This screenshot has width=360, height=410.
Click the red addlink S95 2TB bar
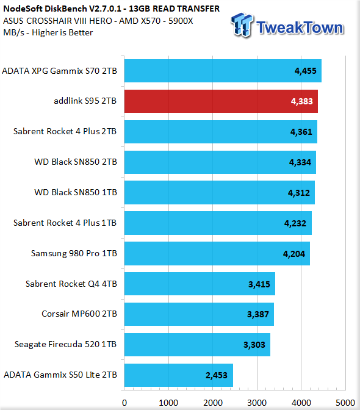pyautogui.click(x=221, y=101)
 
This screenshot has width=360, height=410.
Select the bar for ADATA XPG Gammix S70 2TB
pyautogui.click(x=223, y=71)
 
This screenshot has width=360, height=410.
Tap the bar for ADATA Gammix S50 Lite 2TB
pyautogui.click(x=179, y=375)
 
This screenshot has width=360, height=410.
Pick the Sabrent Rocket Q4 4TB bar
pyautogui.click(x=200, y=284)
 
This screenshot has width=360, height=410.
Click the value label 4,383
pyautogui.click(x=301, y=101)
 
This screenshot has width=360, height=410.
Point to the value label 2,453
pyautogui.click(x=217, y=375)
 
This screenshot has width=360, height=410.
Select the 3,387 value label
pyautogui.click(x=258, y=314)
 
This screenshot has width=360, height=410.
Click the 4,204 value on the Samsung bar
pyautogui.click(x=294, y=254)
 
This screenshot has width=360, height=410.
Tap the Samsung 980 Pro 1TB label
pyautogui.click(x=74, y=253)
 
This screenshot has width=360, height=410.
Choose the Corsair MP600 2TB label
pyautogui.click(x=79, y=314)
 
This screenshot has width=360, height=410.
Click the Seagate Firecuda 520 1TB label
pyautogui.click(x=66, y=344)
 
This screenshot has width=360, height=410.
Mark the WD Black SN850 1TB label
pyautogui.click(x=76, y=192)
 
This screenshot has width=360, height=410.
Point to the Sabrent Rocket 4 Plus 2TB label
pyautogui.click(x=65, y=131)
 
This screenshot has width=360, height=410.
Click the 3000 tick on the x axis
pyautogui.click(x=257, y=403)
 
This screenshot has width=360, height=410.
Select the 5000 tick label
pyautogui.click(x=345, y=403)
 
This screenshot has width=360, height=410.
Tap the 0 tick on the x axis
pyautogui.click(x=124, y=403)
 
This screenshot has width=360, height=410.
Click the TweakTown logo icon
pyautogui.click(x=242, y=25)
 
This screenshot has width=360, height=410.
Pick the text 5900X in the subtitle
pyautogui.click(x=181, y=21)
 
